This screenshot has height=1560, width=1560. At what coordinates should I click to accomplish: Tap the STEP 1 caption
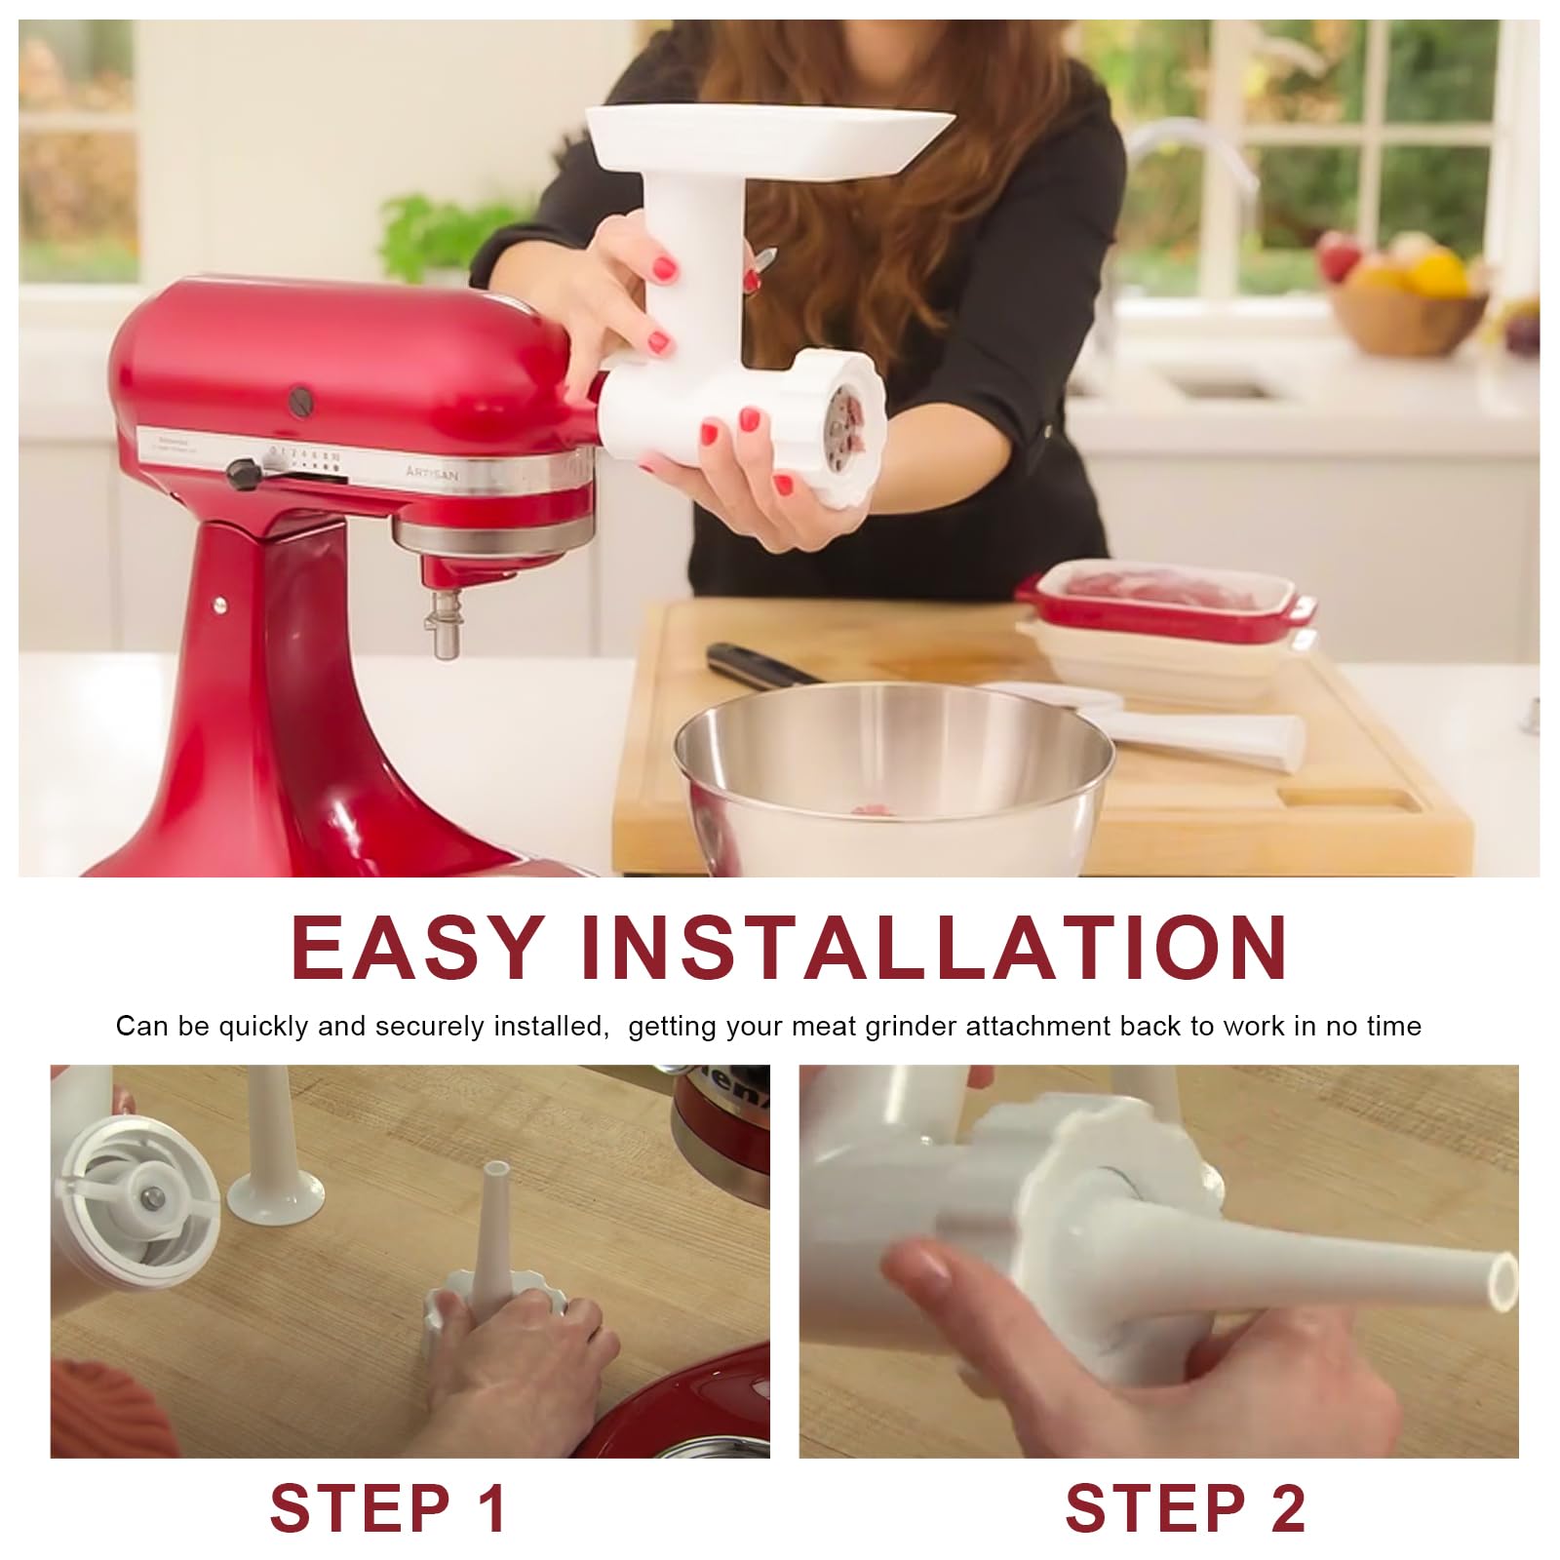click(389, 1507)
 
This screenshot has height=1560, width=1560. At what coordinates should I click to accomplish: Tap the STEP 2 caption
click(1185, 1507)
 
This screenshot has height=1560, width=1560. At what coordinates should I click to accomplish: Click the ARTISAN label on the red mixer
click(431, 473)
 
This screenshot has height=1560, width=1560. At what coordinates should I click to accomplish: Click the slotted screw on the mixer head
click(300, 400)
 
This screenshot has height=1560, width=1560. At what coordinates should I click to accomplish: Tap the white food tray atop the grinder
click(769, 141)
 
